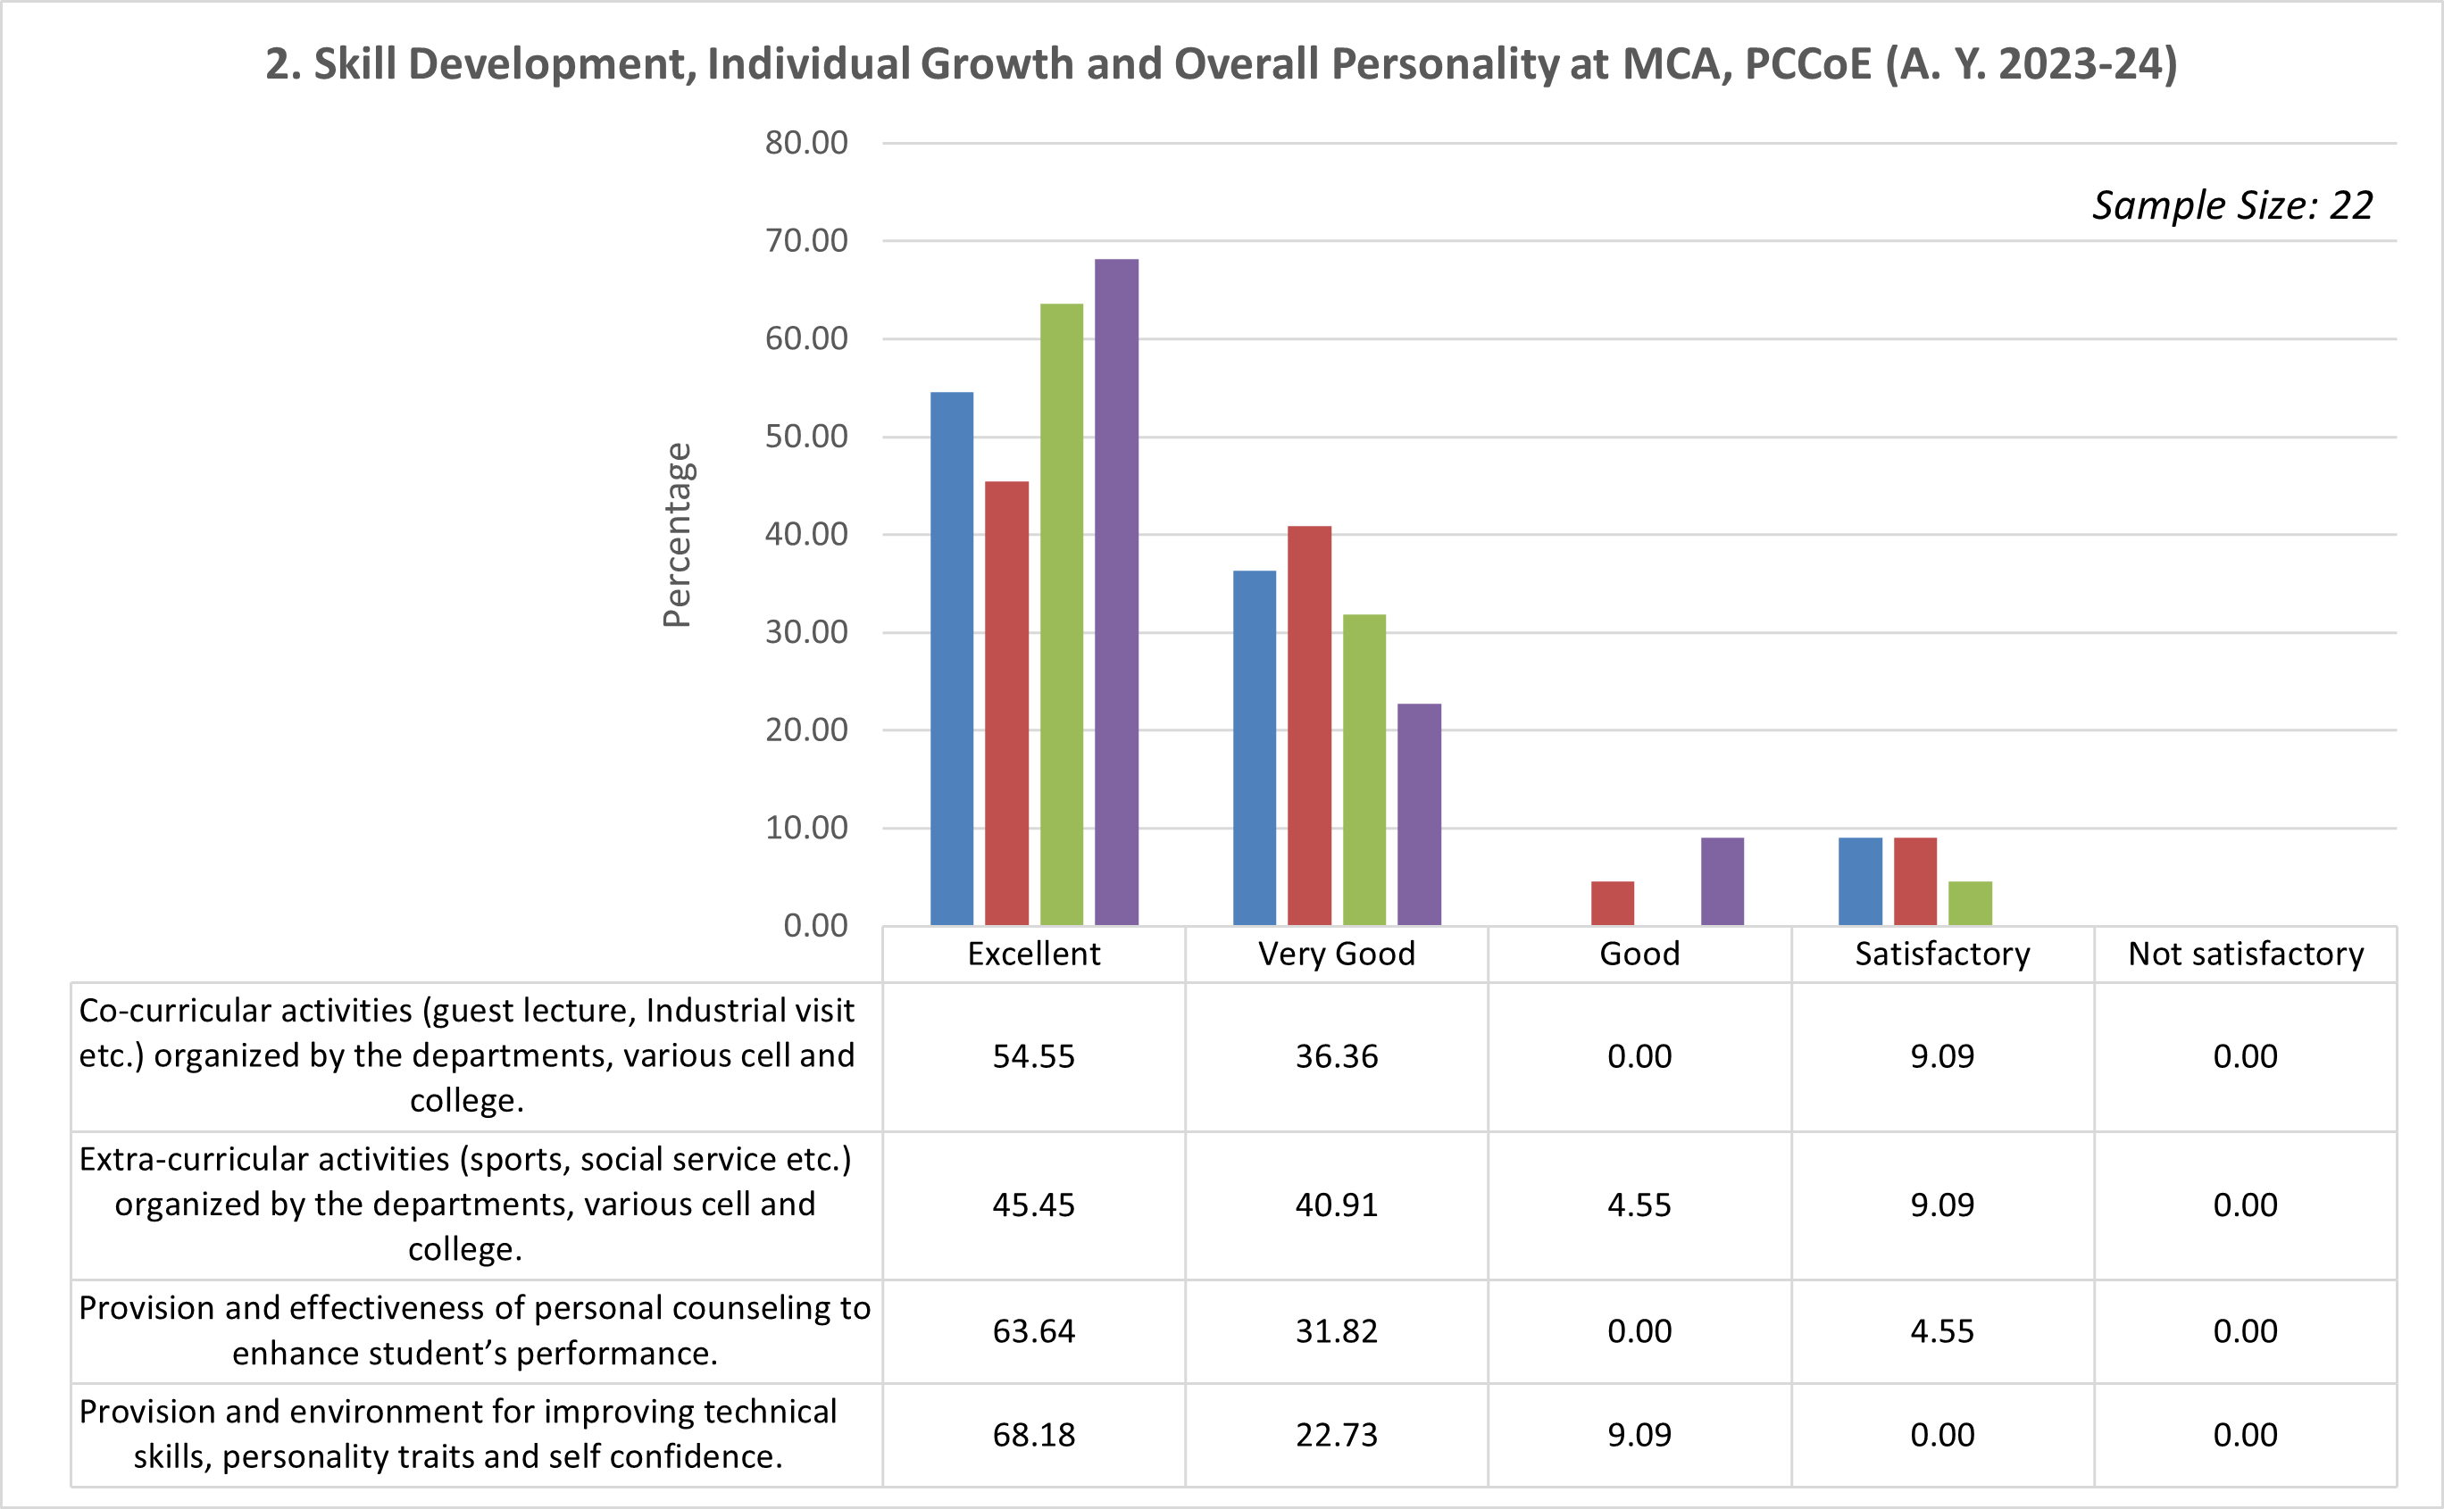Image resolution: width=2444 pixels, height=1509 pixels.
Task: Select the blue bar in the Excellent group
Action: pyautogui.click(x=951, y=659)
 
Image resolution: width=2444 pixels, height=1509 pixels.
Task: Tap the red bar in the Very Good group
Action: pyautogui.click(x=1308, y=726)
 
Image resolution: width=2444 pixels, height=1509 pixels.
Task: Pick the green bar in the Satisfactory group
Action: pyautogui.click(x=1969, y=904)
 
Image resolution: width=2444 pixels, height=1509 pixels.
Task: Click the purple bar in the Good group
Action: pyautogui.click(x=1722, y=881)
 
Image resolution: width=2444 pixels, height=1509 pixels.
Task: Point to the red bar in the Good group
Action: pyautogui.click(x=1612, y=904)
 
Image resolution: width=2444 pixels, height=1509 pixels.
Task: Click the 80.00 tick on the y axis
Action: pyautogui.click(x=806, y=143)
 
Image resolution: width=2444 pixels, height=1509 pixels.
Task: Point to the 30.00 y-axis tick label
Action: pyautogui.click(x=806, y=632)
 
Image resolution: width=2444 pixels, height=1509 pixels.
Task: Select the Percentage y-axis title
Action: pyautogui.click(x=677, y=535)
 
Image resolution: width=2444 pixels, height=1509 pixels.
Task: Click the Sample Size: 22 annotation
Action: pyautogui.click(x=2231, y=205)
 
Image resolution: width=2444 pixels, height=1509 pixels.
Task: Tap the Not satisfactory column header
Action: pyautogui.click(x=2246, y=955)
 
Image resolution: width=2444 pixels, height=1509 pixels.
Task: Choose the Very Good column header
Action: pyautogui.click(x=1336, y=955)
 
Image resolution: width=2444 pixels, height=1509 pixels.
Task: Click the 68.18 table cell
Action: pyautogui.click(x=1033, y=1435)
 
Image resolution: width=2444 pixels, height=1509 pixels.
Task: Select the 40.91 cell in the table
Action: pyautogui.click(x=1336, y=1205)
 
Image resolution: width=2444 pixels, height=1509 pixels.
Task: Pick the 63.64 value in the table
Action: pyautogui.click(x=1033, y=1331)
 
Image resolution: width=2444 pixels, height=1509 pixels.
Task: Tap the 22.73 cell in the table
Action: pyautogui.click(x=1336, y=1435)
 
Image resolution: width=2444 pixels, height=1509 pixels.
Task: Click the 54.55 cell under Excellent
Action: pyautogui.click(x=1033, y=1056)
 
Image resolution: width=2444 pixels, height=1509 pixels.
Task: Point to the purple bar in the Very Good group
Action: pyautogui.click(x=1418, y=814)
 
